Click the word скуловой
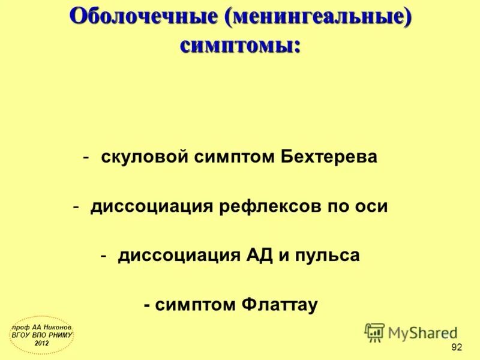click(x=144, y=157)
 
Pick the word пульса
click(x=326, y=256)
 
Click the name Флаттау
click(x=278, y=305)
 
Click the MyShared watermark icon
click(x=374, y=332)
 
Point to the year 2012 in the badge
click(x=42, y=343)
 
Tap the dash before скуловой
click(x=88, y=158)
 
